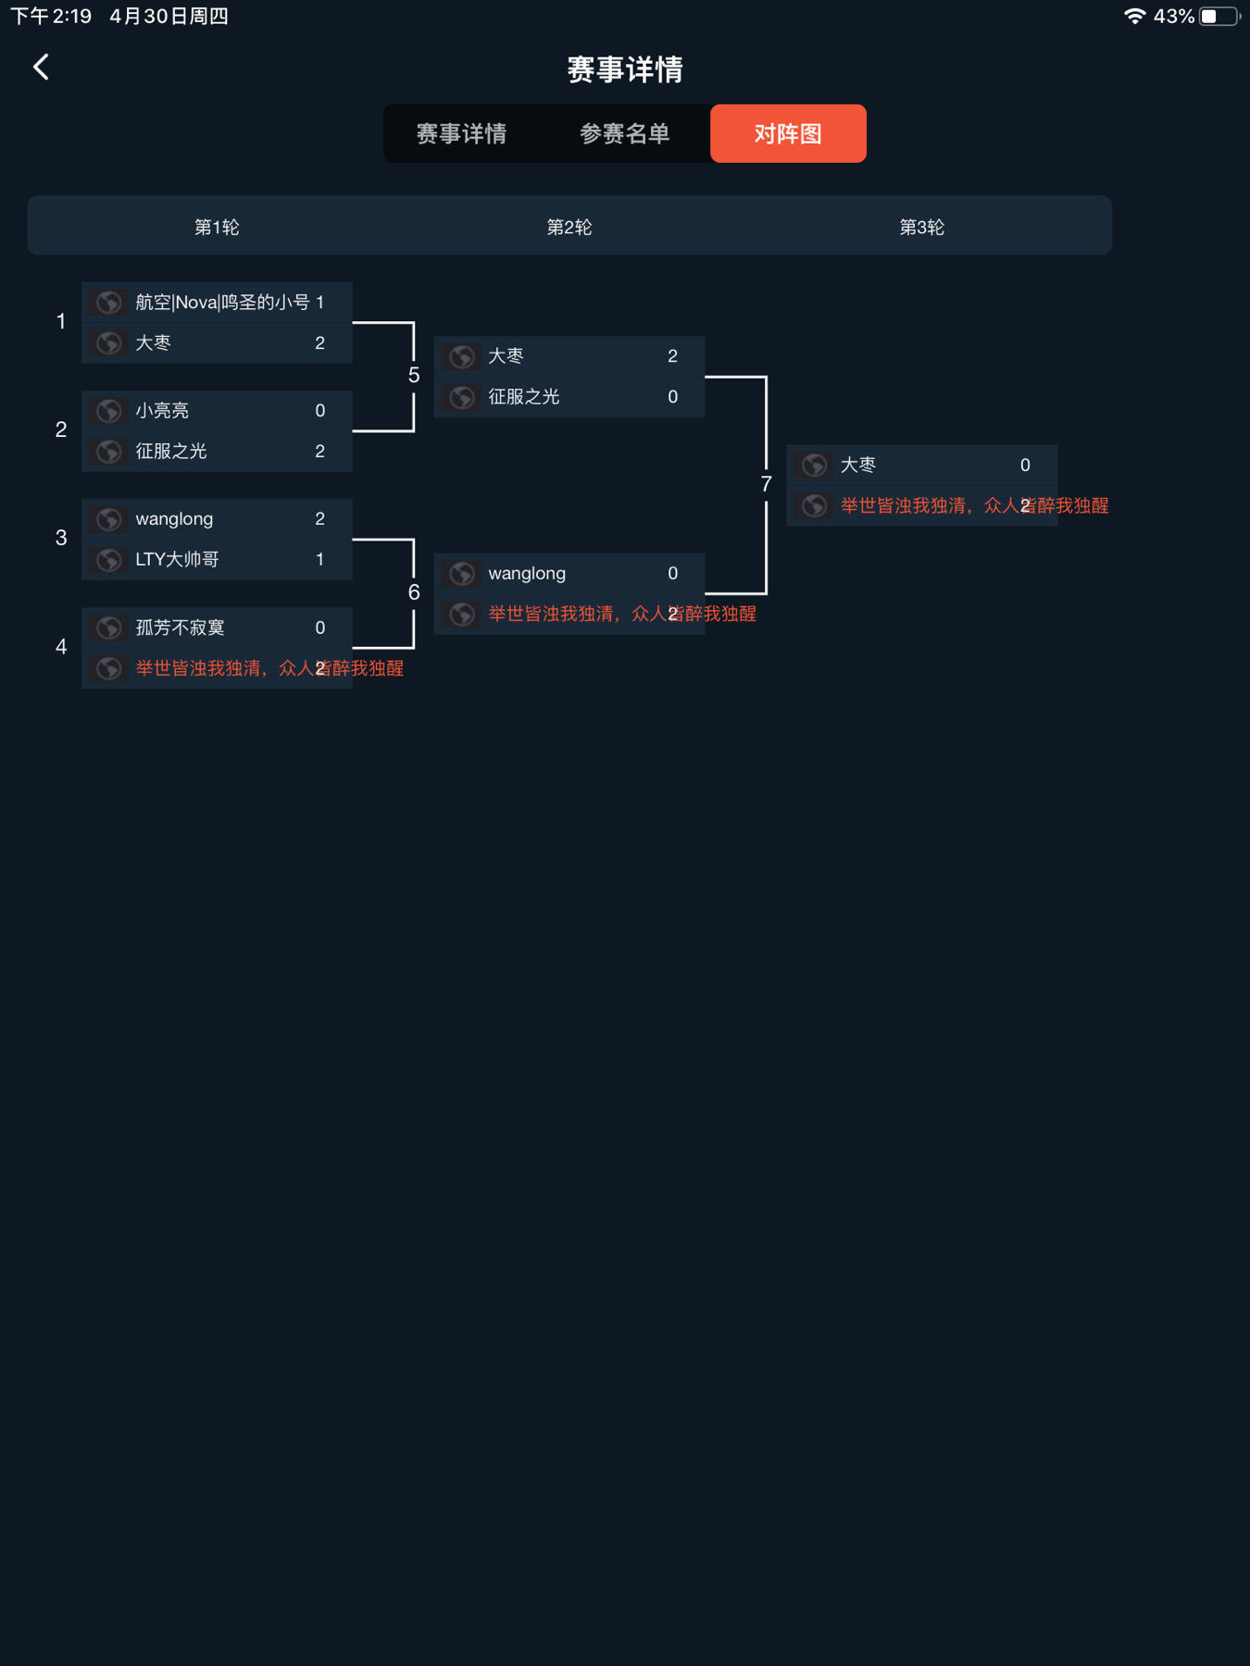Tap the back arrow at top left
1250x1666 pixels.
[41, 67]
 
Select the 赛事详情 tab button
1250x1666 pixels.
[461, 134]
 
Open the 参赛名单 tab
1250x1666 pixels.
[625, 134]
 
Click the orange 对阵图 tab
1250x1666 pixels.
[788, 134]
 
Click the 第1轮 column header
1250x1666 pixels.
[217, 227]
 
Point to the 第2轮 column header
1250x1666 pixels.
[569, 227]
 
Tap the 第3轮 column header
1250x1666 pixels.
[922, 227]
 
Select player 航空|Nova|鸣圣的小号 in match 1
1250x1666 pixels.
[222, 303]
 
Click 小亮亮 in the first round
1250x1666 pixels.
[163, 411]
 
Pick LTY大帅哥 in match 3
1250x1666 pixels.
[178, 560]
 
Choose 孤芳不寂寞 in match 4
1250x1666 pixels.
[181, 628]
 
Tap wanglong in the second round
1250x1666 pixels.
[527, 574]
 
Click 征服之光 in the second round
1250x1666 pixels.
[524, 397]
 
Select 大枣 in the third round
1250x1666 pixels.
[858, 465]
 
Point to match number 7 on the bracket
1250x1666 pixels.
[766, 484]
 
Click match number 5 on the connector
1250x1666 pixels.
[414, 376]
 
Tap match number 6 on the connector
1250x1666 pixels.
[414, 592]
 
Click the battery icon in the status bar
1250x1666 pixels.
[1219, 17]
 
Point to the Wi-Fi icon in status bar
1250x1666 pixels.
[1134, 17]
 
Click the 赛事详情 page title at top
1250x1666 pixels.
[625, 69]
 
